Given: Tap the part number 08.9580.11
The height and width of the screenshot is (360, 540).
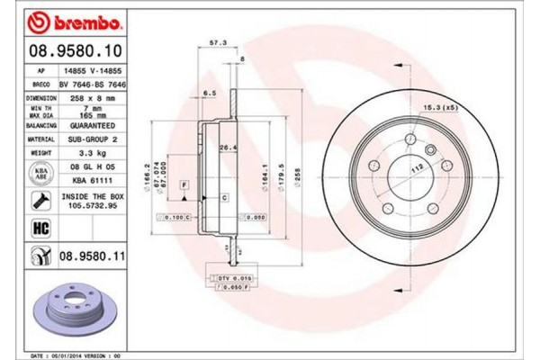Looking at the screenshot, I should coord(91,258).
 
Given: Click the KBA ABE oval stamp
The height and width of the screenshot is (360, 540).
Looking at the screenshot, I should coord(41,173).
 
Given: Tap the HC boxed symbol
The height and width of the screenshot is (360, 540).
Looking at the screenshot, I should coord(40,229).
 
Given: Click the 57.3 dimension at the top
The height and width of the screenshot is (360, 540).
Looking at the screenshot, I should coord(216,42).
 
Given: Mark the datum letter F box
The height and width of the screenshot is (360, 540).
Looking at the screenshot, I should coord(184,184).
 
